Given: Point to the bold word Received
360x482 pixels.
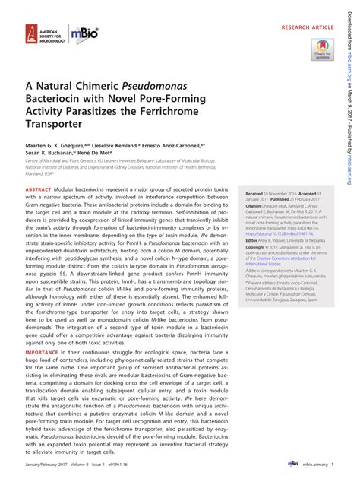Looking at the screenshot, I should point(255,195).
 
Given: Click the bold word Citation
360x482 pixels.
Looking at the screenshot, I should point(254,205).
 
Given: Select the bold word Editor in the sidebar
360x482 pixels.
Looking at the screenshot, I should point(252,239).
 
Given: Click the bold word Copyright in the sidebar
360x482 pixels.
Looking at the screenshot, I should point(257,247).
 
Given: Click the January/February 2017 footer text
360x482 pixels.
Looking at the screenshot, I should point(51,464).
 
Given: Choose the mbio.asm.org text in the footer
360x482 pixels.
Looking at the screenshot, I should point(317,464).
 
